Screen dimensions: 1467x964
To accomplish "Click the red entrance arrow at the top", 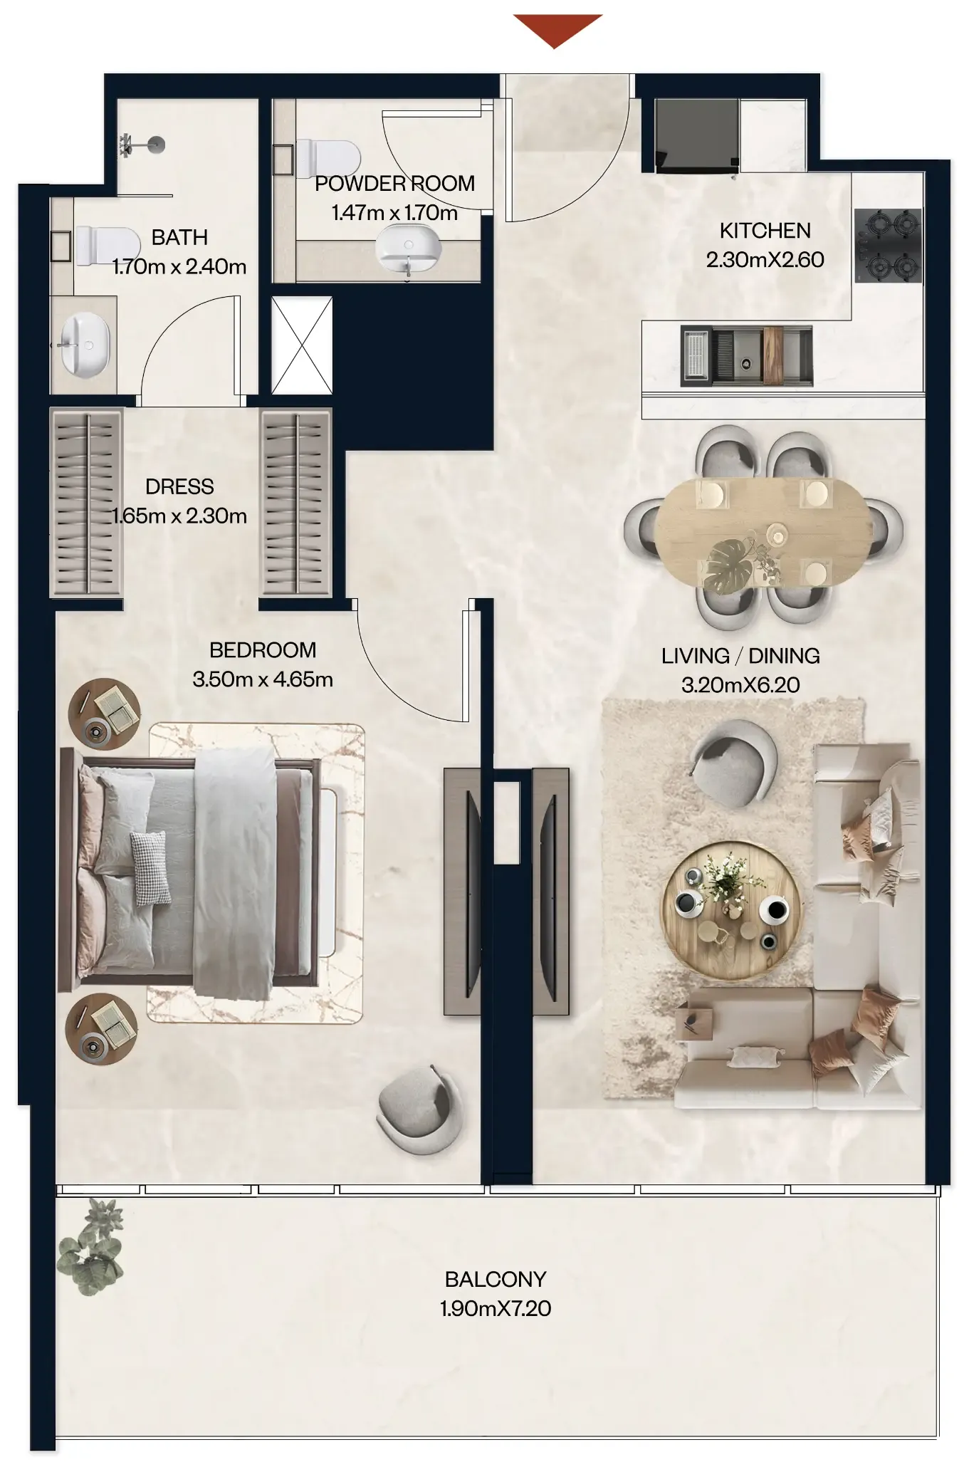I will [557, 29].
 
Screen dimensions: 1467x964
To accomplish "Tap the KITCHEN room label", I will [765, 231].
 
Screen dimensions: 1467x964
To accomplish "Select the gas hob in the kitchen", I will [887, 246].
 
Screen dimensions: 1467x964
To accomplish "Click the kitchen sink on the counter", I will [745, 355].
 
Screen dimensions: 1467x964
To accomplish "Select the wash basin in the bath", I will [85, 344].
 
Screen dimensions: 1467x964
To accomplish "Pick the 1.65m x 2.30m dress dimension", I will [179, 516].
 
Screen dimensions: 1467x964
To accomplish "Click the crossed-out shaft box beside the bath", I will [302, 345].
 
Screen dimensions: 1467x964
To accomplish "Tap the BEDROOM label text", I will [263, 649].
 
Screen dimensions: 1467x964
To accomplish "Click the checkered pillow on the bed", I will [151, 868].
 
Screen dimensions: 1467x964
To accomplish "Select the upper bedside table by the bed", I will [105, 714].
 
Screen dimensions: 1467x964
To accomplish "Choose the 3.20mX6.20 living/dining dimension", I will [740, 685].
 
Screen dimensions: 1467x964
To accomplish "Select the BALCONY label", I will [496, 1279].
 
